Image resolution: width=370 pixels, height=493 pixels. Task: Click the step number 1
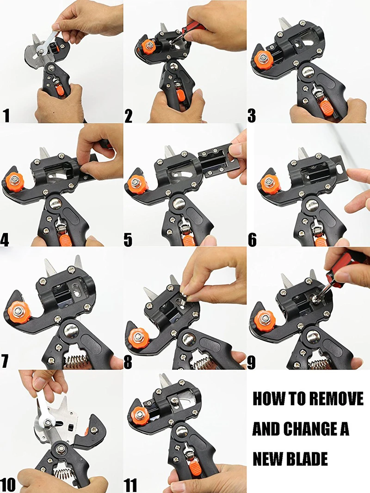[x=7, y=116]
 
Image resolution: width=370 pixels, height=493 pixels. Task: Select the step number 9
[x=252, y=362]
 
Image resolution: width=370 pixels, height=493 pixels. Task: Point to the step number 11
[x=130, y=485]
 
